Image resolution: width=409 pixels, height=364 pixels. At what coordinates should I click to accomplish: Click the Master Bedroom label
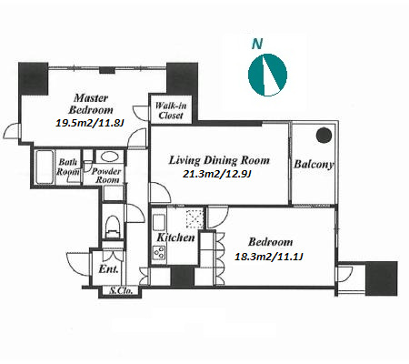pos(91,104)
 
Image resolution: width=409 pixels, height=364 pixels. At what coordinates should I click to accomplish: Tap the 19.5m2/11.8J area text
pos(90,123)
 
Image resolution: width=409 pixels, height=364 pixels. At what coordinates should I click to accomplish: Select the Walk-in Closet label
pos(171,110)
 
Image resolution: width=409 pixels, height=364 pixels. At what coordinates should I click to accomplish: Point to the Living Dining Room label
pos(219,160)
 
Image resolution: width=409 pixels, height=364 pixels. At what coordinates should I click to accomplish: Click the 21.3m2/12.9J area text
pos(217,174)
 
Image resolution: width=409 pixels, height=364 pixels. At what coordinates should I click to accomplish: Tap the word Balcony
pos(314,165)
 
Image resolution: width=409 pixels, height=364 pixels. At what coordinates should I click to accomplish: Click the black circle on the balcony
pos(324,136)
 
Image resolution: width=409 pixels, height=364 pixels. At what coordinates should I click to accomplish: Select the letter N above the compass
pos(257,44)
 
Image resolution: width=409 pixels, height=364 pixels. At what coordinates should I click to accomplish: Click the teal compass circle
pos(267,75)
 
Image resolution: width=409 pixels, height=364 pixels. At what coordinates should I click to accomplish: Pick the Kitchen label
pos(175,238)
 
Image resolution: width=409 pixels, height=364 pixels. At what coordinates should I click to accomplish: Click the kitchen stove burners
pos(159,252)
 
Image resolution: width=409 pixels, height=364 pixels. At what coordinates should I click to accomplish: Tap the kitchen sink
pos(159,222)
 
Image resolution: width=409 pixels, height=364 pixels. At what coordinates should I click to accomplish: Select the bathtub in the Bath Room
pos(45,167)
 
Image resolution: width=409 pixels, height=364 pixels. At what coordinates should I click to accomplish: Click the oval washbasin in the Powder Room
pos(110,157)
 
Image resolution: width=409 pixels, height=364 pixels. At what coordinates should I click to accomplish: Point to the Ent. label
pos(108,269)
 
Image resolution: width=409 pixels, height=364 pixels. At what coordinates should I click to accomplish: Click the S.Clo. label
pos(121,291)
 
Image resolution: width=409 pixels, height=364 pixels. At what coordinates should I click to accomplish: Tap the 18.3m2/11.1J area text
pos(269,257)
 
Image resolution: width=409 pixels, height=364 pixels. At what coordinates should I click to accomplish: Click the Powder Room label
pos(106,176)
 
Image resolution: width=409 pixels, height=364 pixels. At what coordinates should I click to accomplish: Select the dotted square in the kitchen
pos(195,218)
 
